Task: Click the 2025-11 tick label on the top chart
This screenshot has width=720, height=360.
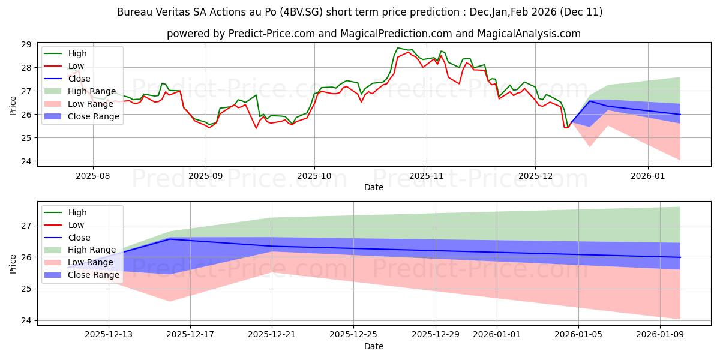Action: coord(426,175)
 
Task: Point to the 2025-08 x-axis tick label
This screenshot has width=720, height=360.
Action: coord(92,175)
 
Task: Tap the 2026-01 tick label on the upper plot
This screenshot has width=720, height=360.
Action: coord(648,175)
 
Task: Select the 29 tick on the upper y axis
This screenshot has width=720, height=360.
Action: coord(26,44)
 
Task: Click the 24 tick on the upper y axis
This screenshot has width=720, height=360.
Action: coord(26,161)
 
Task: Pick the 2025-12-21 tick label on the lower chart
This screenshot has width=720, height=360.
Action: coord(272,334)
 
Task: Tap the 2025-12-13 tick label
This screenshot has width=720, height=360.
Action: coord(109,334)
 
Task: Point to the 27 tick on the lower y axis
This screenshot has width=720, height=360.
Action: coord(26,226)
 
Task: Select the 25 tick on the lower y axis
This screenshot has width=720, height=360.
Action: coord(26,289)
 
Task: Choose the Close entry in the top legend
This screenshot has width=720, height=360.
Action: coord(79,79)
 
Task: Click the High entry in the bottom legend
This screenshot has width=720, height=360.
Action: coord(77,212)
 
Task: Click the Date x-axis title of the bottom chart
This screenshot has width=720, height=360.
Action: coord(373,346)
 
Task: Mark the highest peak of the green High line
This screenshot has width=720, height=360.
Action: coord(397,48)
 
